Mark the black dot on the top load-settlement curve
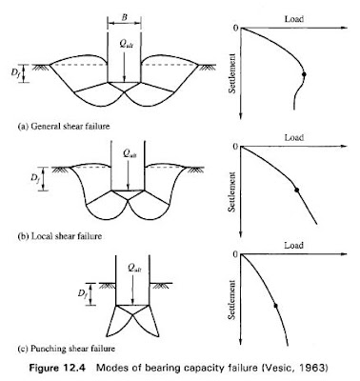[x=304, y=74]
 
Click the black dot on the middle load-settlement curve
[x=298, y=190]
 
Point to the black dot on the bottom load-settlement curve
[x=276, y=305]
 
